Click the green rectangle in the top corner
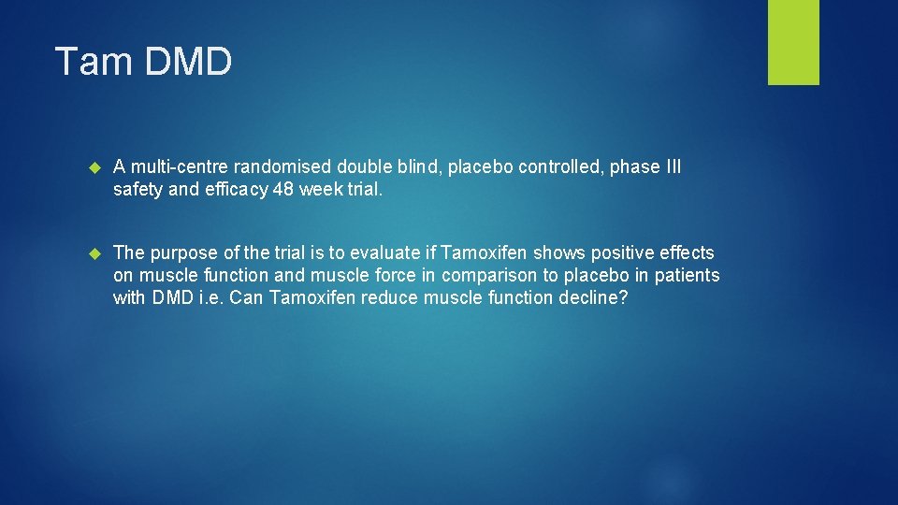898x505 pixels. pyautogui.click(x=793, y=42)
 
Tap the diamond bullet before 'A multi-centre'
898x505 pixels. pyautogui.click(x=93, y=167)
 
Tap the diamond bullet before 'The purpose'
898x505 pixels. pyautogui.click(x=93, y=253)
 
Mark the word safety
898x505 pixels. pyautogui.click(x=138, y=190)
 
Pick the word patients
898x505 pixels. pyautogui.click(x=688, y=276)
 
